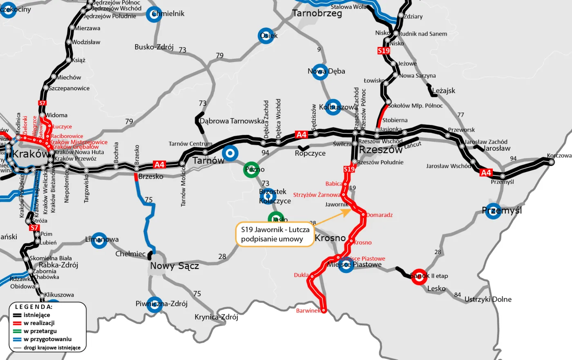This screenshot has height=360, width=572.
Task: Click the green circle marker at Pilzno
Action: click(x=252, y=170)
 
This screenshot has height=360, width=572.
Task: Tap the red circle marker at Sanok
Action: click(x=419, y=277)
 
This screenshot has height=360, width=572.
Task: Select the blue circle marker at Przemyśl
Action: click(x=493, y=211)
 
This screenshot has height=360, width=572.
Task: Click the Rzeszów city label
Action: click(x=380, y=150)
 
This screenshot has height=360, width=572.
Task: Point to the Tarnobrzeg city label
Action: click(x=317, y=13)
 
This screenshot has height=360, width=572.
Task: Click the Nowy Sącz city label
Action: click(x=174, y=266)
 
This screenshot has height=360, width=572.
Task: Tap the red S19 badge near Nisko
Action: click(x=383, y=51)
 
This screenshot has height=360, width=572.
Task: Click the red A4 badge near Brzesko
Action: click(x=159, y=165)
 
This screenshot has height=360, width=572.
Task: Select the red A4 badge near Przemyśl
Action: click(x=486, y=172)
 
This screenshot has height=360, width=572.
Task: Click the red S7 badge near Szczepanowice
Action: click(x=42, y=103)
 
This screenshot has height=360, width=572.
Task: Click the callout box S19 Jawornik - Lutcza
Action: click(x=275, y=235)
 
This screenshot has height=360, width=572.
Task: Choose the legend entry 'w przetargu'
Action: click(x=40, y=331)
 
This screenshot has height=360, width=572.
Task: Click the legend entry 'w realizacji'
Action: click(x=39, y=323)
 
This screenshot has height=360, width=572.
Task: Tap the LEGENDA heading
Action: click(x=34, y=307)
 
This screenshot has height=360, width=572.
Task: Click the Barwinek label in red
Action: click(x=308, y=311)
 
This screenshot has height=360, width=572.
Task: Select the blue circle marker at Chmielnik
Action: click(x=154, y=14)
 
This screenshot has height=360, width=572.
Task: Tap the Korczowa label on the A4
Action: click(x=559, y=156)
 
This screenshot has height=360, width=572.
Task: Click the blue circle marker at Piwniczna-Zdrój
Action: click(x=154, y=304)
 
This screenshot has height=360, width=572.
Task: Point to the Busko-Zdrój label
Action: click(x=154, y=47)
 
